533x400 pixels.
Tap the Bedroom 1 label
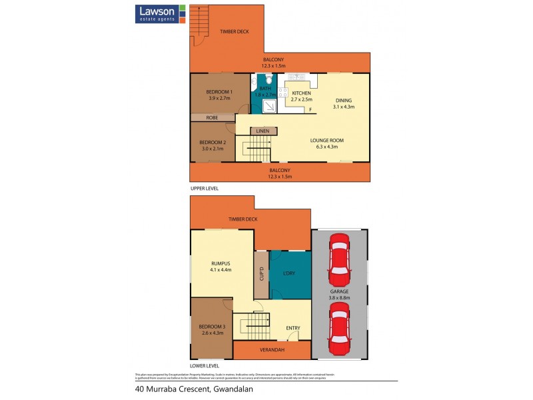tap(219, 95)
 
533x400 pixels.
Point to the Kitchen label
tap(302, 96)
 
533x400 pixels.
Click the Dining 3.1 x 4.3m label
tap(344, 103)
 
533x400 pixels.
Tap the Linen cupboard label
tap(263, 131)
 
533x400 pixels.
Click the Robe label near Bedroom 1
tap(212, 117)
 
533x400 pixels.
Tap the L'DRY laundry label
tap(290, 274)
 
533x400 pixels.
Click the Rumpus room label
tap(220, 266)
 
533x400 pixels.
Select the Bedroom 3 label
tap(211, 329)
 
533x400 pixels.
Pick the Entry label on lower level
tap(293, 328)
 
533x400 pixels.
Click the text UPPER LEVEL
tap(205, 189)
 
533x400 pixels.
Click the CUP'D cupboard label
tap(261, 274)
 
